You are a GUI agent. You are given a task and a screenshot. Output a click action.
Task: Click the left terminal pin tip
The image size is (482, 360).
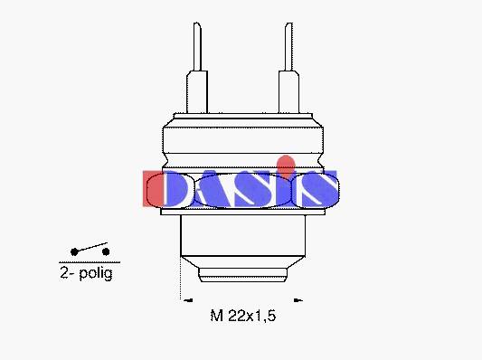tap(197, 24)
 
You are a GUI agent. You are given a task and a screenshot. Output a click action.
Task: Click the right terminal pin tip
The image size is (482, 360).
tap(288, 24)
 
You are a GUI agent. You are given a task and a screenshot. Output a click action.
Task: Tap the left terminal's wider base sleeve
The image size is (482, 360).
tap(197, 92)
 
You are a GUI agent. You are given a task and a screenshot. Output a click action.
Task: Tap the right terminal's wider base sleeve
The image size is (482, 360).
tap(288, 92)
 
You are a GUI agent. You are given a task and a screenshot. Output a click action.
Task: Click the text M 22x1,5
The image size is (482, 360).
tap(243, 316)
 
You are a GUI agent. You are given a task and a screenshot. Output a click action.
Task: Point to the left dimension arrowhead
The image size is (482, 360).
tap(188, 300)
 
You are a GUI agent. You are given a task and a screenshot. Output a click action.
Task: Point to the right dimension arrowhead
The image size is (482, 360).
tap(298, 300)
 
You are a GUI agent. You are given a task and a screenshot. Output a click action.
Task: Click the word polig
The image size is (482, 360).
tap(96, 273)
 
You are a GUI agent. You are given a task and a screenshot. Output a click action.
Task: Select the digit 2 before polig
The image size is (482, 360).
tap(64, 272)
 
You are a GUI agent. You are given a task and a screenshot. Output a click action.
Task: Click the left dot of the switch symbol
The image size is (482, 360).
tap(74, 252)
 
